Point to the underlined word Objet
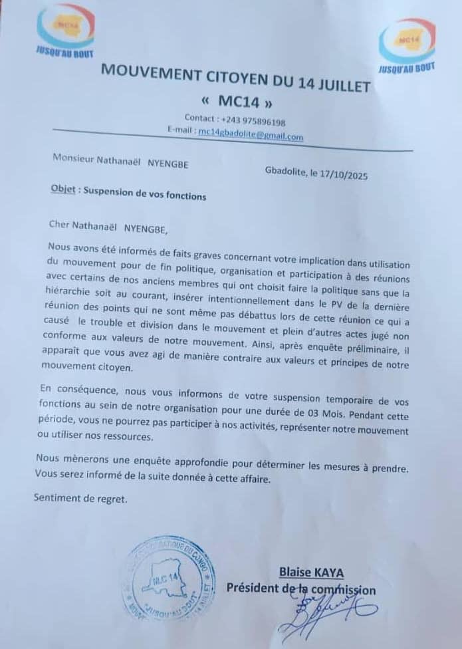pos(63,188)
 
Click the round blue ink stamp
pos(170,579)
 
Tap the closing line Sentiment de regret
pos(80,498)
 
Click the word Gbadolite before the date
pos(286,173)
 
